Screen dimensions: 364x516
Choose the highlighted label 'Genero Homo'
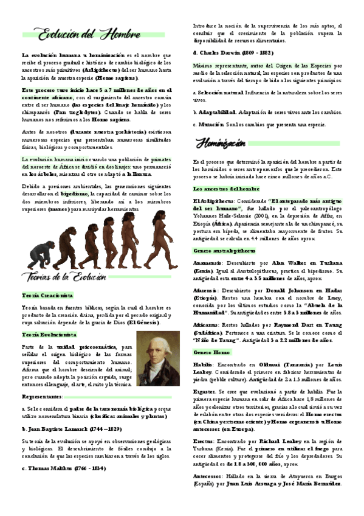210,352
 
